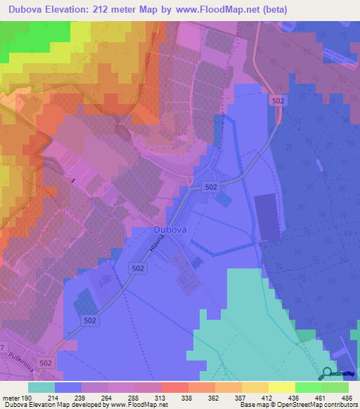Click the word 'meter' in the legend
(x=12, y=398)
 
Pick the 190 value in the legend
(x=27, y=398)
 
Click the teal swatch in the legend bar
(x=41, y=387)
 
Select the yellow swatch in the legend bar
(x=281, y=387)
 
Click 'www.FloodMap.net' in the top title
(x=223, y=11)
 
